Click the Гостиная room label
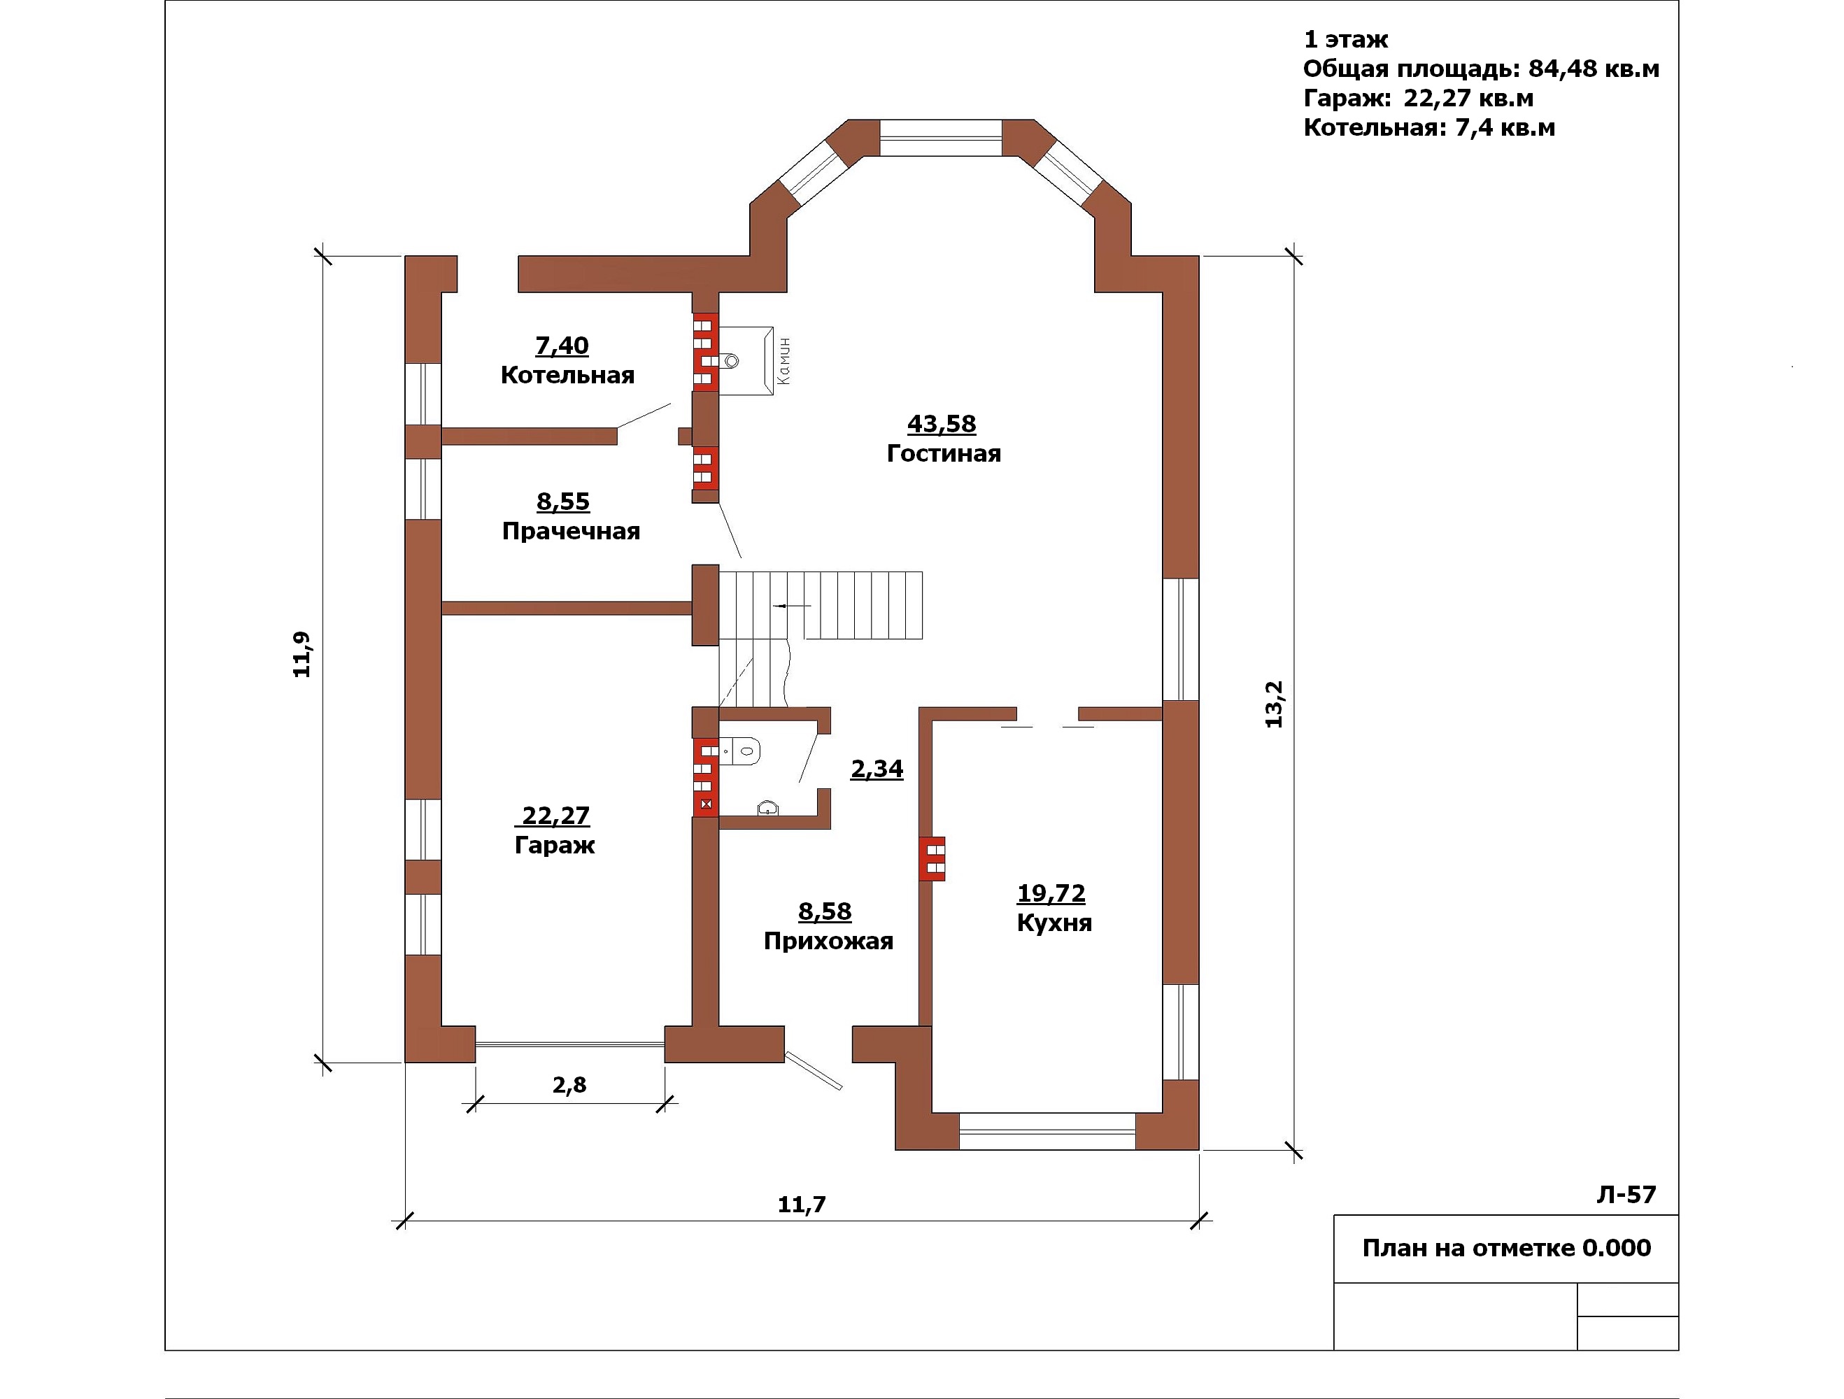pyautogui.click(x=944, y=453)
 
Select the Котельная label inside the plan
pyautogui.click(x=568, y=375)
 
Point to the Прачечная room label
pyautogui.click(x=571, y=531)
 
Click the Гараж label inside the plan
pyautogui.click(x=555, y=846)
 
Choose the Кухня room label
pyautogui.click(x=1054, y=923)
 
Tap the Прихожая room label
pyautogui.click(x=829, y=942)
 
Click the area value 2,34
pyautogui.click(x=877, y=769)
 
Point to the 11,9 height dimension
pyautogui.click(x=301, y=655)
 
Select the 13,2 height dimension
pyautogui.click(x=1274, y=704)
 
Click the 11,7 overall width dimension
pyautogui.click(x=802, y=1204)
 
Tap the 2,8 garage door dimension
pyautogui.click(x=569, y=1085)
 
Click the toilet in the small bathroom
pyautogui.click(x=740, y=751)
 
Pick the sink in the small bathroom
pyautogui.click(x=768, y=808)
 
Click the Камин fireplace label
pyautogui.click(x=783, y=362)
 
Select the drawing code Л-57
pyautogui.click(x=1626, y=1195)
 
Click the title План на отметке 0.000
pyautogui.click(x=1506, y=1248)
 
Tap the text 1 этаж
pyautogui.click(x=1345, y=40)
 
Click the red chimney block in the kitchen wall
pyautogui.click(x=932, y=859)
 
